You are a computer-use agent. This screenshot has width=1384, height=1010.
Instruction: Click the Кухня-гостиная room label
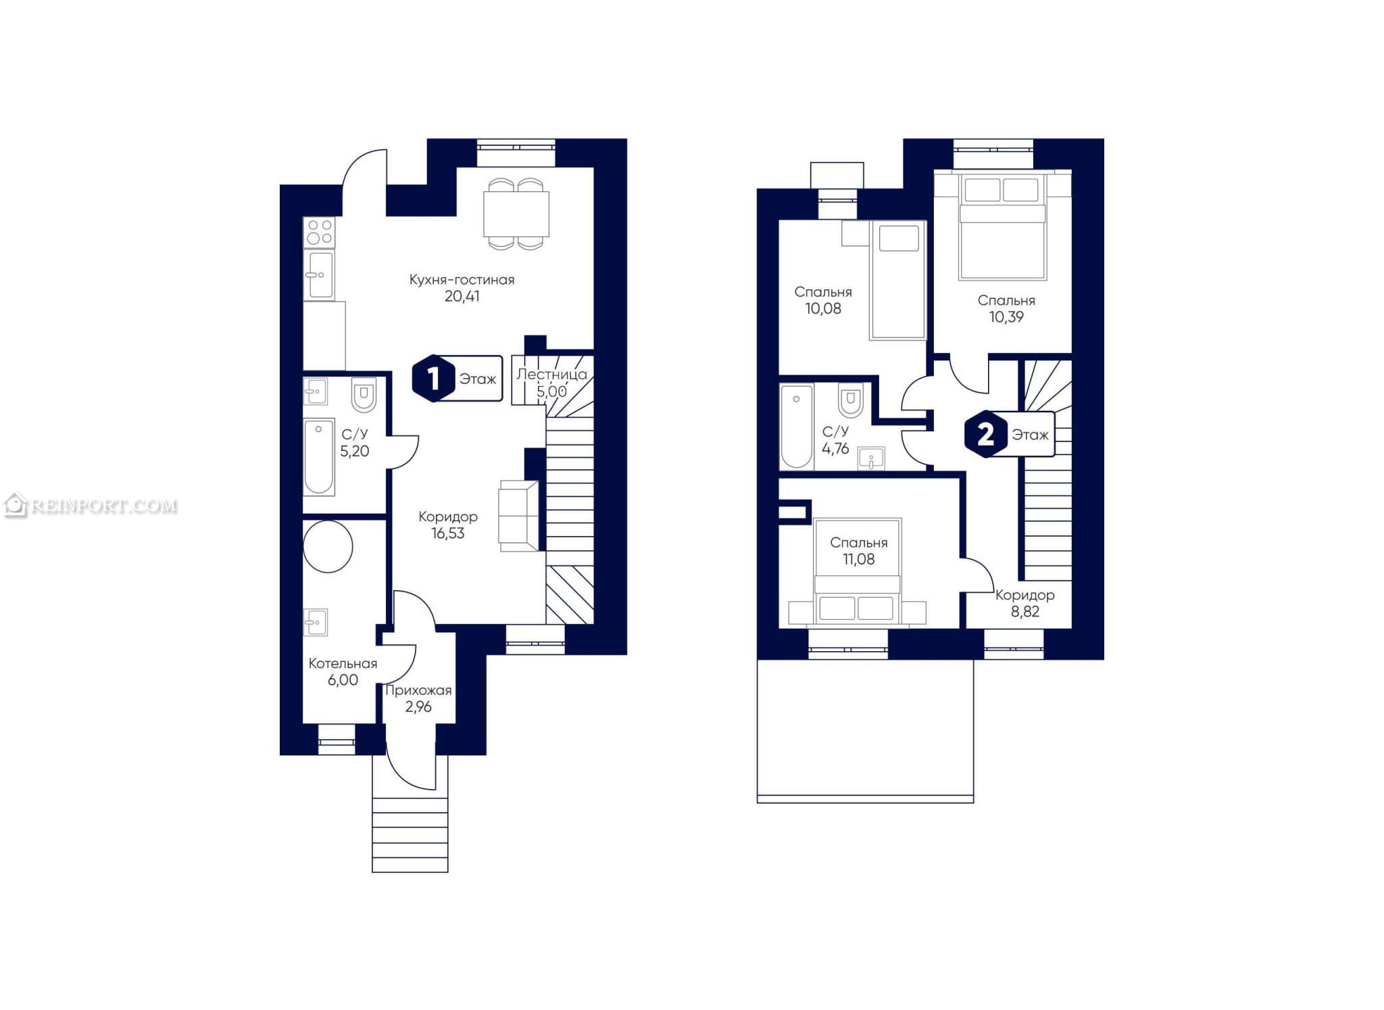(x=462, y=279)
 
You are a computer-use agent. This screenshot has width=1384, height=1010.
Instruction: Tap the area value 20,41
(x=462, y=296)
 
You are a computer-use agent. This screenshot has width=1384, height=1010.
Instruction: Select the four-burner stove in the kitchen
(x=319, y=232)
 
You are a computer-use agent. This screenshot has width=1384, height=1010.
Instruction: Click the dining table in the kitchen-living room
(x=516, y=214)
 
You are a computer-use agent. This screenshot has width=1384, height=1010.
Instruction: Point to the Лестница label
(x=551, y=375)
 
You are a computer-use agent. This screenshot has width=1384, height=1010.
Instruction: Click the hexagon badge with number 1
(x=433, y=379)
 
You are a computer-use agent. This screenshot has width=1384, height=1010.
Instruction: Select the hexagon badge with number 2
(x=985, y=434)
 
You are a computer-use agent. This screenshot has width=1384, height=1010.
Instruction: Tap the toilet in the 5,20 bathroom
(x=364, y=395)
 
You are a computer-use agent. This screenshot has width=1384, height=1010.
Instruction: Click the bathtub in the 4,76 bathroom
(x=796, y=427)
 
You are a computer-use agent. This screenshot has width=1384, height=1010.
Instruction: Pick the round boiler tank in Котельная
(x=328, y=546)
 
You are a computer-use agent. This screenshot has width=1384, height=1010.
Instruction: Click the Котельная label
(x=343, y=663)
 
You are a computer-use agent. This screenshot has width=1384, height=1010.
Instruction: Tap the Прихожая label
(x=418, y=690)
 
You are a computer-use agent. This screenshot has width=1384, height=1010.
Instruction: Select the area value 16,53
(x=448, y=533)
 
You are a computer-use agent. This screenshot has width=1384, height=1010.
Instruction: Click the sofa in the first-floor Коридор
(x=518, y=515)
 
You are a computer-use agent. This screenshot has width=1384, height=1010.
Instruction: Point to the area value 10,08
(x=823, y=309)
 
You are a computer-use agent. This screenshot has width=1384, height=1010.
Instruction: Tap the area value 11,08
(x=858, y=559)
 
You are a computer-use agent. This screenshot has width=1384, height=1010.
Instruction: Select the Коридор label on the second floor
(x=1024, y=595)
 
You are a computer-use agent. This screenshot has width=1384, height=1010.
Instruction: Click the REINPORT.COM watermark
(x=91, y=506)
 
